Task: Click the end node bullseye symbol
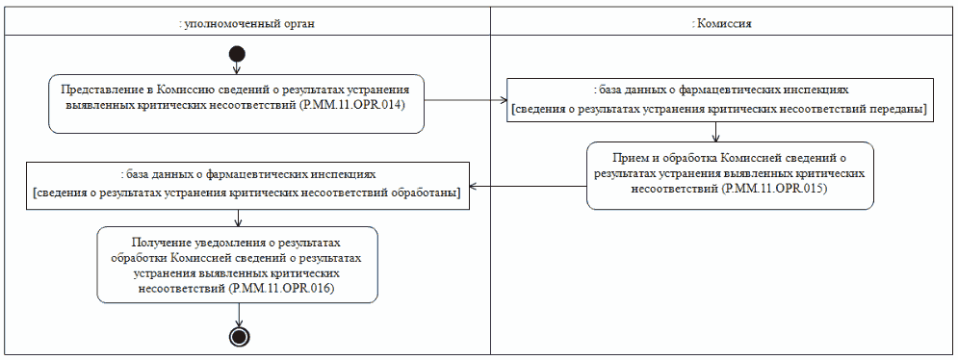pyautogui.click(x=238, y=335)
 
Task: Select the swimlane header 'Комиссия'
pyautogui.click(x=722, y=21)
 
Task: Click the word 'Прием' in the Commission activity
pyautogui.click(x=631, y=157)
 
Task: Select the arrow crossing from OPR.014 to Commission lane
pyautogui.click(x=466, y=98)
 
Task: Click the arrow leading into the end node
pyautogui.click(x=238, y=315)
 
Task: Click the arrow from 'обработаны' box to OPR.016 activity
pyautogui.click(x=237, y=217)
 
